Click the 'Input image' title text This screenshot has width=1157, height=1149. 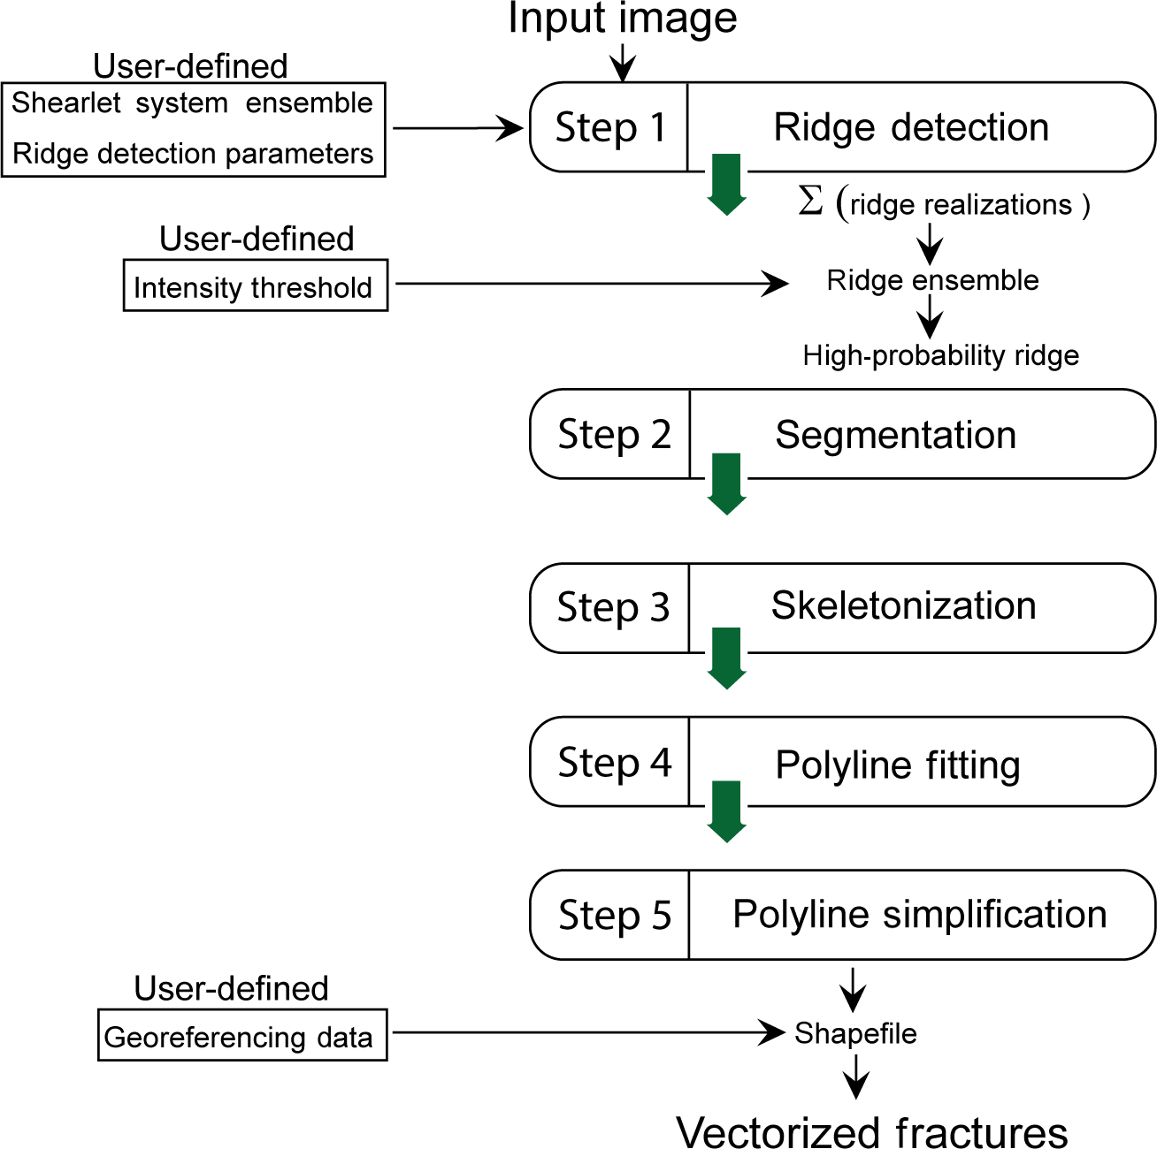click(622, 19)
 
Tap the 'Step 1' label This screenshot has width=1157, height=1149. click(609, 127)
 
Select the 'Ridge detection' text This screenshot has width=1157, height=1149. click(911, 127)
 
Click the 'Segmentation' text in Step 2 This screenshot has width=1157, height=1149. click(895, 435)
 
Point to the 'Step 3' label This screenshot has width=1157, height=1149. click(613, 608)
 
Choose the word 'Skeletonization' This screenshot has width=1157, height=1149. click(903, 606)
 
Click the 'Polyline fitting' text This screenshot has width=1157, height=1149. click(897, 765)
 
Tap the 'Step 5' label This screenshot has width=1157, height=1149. click(615, 916)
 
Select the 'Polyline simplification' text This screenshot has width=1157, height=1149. click(919, 915)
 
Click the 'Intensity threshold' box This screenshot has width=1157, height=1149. click(255, 285)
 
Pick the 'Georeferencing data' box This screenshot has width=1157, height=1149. click(241, 1035)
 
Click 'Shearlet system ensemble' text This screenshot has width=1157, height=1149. click(192, 103)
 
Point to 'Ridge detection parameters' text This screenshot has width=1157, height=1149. click(193, 154)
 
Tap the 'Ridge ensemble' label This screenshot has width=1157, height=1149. click(932, 280)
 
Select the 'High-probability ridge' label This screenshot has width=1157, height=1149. click(940, 355)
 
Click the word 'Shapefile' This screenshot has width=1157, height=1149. click(855, 1033)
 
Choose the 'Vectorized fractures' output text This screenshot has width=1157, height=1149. click(871, 1132)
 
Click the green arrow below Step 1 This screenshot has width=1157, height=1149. click(727, 184)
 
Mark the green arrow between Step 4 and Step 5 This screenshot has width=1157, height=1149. click(727, 811)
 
